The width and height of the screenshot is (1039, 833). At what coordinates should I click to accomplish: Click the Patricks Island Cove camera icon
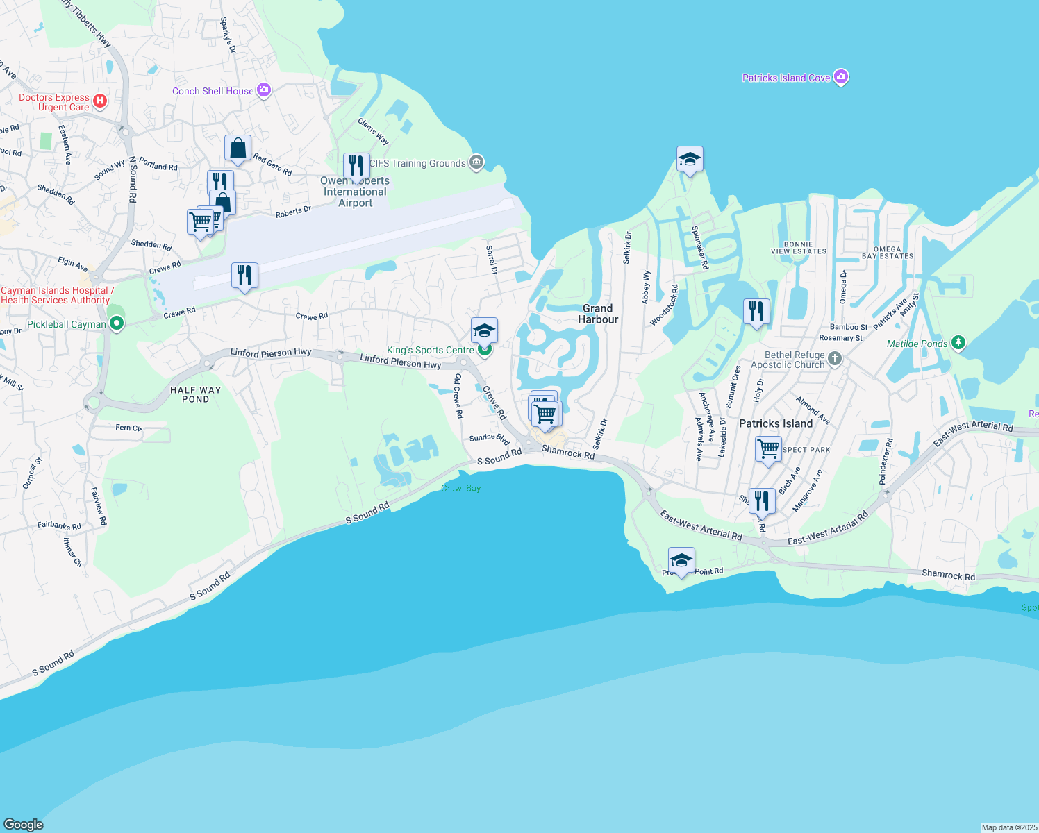click(x=841, y=77)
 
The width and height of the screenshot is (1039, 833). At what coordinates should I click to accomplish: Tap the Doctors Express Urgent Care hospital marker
click(x=100, y=101)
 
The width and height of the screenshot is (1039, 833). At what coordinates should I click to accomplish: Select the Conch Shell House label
click(x=213, y=91)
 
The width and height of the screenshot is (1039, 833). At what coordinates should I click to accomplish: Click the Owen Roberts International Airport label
click(x=355, y=192)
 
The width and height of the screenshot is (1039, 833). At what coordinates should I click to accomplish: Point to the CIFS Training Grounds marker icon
click(x=476, y=163)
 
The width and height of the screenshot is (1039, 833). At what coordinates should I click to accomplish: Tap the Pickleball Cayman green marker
click(x=117, y=323)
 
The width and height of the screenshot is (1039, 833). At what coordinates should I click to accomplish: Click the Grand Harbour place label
click(x=598, y=314)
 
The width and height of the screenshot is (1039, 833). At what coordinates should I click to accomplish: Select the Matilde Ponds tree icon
click(x=958, y=342)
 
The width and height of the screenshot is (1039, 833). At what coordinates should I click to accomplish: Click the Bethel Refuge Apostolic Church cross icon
click(x=835, y=359)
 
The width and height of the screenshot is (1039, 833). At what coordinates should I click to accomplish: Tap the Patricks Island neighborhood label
click(x=775, y=423)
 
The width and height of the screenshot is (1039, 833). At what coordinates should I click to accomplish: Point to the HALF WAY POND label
click(x=195, y=394)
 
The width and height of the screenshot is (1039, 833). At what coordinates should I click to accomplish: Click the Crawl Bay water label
click(x=461, y=488)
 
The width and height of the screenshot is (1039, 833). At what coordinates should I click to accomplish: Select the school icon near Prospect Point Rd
click(x=681, y=560)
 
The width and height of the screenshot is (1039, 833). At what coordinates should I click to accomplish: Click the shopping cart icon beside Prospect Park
click(x=768, y=449)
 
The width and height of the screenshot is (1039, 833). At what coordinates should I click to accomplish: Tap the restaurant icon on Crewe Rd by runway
click(x=244, y=276)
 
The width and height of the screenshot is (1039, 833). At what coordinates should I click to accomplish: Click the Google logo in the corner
click(x=24, y=824)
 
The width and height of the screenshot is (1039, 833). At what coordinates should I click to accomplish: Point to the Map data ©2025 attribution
click(x=1008, y=827)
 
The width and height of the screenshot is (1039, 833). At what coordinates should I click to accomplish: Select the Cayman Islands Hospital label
click(x=56, y=295)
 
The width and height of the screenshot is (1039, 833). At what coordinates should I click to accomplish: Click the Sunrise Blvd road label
click(x=490, y=438)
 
